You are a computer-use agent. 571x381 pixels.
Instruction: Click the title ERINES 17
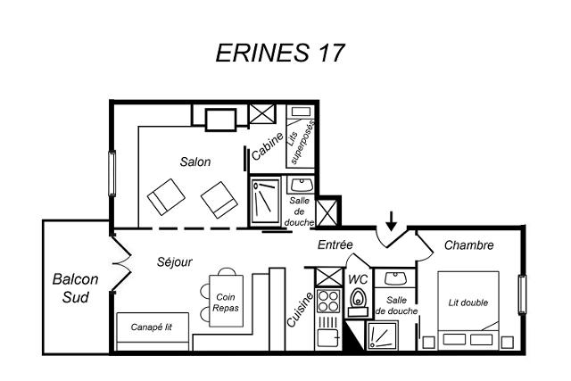pos(279,53)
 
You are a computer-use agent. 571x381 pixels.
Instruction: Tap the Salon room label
pos(195,162)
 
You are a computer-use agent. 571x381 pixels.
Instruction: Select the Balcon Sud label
pos(75,288)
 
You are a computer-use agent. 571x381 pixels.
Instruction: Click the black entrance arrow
pos(391,220)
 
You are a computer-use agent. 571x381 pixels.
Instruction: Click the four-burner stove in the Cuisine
pos(328,302)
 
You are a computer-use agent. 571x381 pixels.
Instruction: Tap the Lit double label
pos(468,302)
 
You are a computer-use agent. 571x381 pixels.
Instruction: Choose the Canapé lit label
pos(151,327)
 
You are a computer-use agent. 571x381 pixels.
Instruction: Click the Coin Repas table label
pos(226,302)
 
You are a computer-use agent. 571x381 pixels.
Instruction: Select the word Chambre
pos(468,245)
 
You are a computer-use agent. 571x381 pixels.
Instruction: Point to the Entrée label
pos(335,244)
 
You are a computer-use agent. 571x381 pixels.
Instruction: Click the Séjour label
pos(175,261)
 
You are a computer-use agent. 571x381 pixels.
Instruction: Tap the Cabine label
pos(268,146)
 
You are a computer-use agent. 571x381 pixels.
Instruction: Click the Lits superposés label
pos(301,142)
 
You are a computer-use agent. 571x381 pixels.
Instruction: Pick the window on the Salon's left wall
pos(112,173)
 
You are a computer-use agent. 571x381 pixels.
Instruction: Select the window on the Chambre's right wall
pos(522,294)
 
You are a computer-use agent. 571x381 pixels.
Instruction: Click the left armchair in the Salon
pos(166,196)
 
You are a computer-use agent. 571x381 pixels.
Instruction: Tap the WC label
pos(358,280)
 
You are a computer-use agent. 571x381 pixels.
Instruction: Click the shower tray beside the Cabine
pos(266,202)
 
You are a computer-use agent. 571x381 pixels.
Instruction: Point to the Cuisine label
pos(300,310)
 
